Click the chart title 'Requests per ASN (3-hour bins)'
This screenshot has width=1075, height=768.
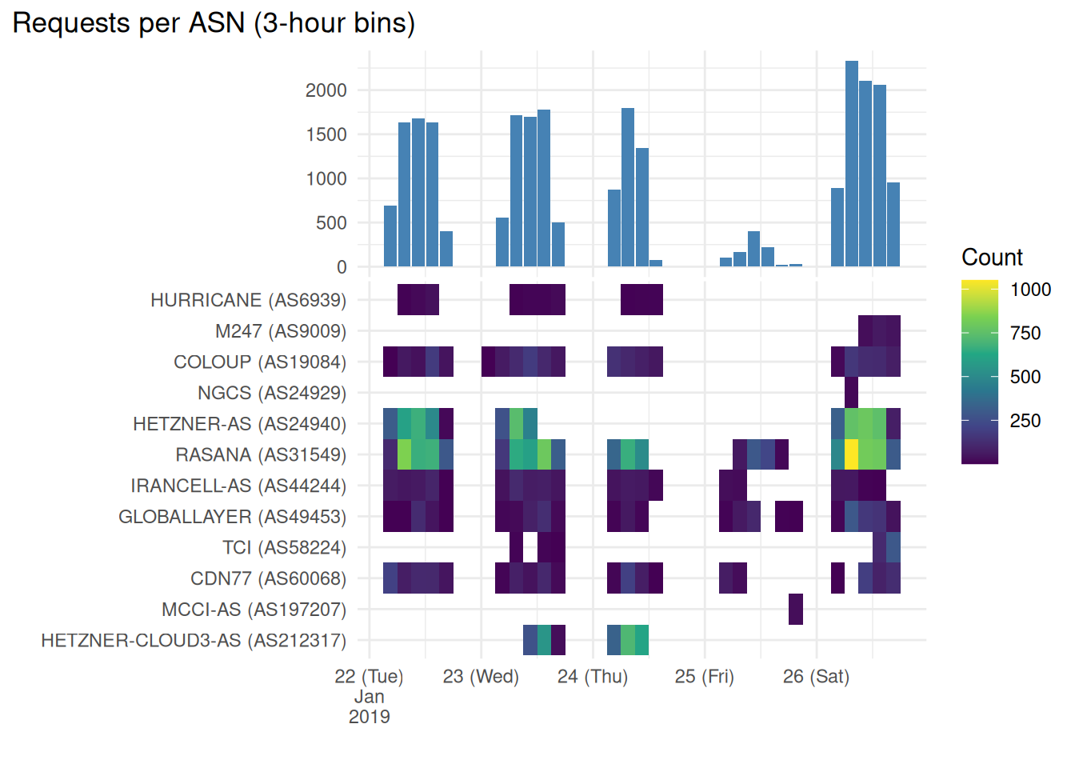coord(214,23)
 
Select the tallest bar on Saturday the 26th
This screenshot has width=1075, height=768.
coord(852,164)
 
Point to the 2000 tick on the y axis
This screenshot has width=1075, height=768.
coord(326,90)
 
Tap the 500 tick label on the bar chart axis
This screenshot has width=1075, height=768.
coord(331,223)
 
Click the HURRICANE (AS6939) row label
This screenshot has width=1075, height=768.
coord(249,300)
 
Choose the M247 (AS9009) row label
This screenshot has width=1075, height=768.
coord(281,331)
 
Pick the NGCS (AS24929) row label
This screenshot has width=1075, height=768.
coord(272,393)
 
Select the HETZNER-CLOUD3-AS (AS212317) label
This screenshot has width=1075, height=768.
coord(194,640)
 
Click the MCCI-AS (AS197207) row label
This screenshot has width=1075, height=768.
coord(254,610)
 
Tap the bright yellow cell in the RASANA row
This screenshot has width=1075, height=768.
coord(852,454)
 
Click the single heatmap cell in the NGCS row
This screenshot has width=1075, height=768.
coord(852,393)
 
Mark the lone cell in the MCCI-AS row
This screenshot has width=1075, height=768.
coord(796,609)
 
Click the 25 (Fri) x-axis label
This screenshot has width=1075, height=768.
coord(705,676)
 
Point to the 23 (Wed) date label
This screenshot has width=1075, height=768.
coord(481,676)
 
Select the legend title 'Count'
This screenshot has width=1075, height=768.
coord(992,258)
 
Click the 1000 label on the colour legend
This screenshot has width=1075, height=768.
coord(1030,290)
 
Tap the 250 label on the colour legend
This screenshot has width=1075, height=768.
coord(1025,421)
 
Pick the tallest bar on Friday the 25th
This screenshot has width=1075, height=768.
coord(754,249)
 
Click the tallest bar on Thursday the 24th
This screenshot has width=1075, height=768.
coord(628,187)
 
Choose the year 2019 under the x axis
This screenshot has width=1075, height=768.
coord(369,717)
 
